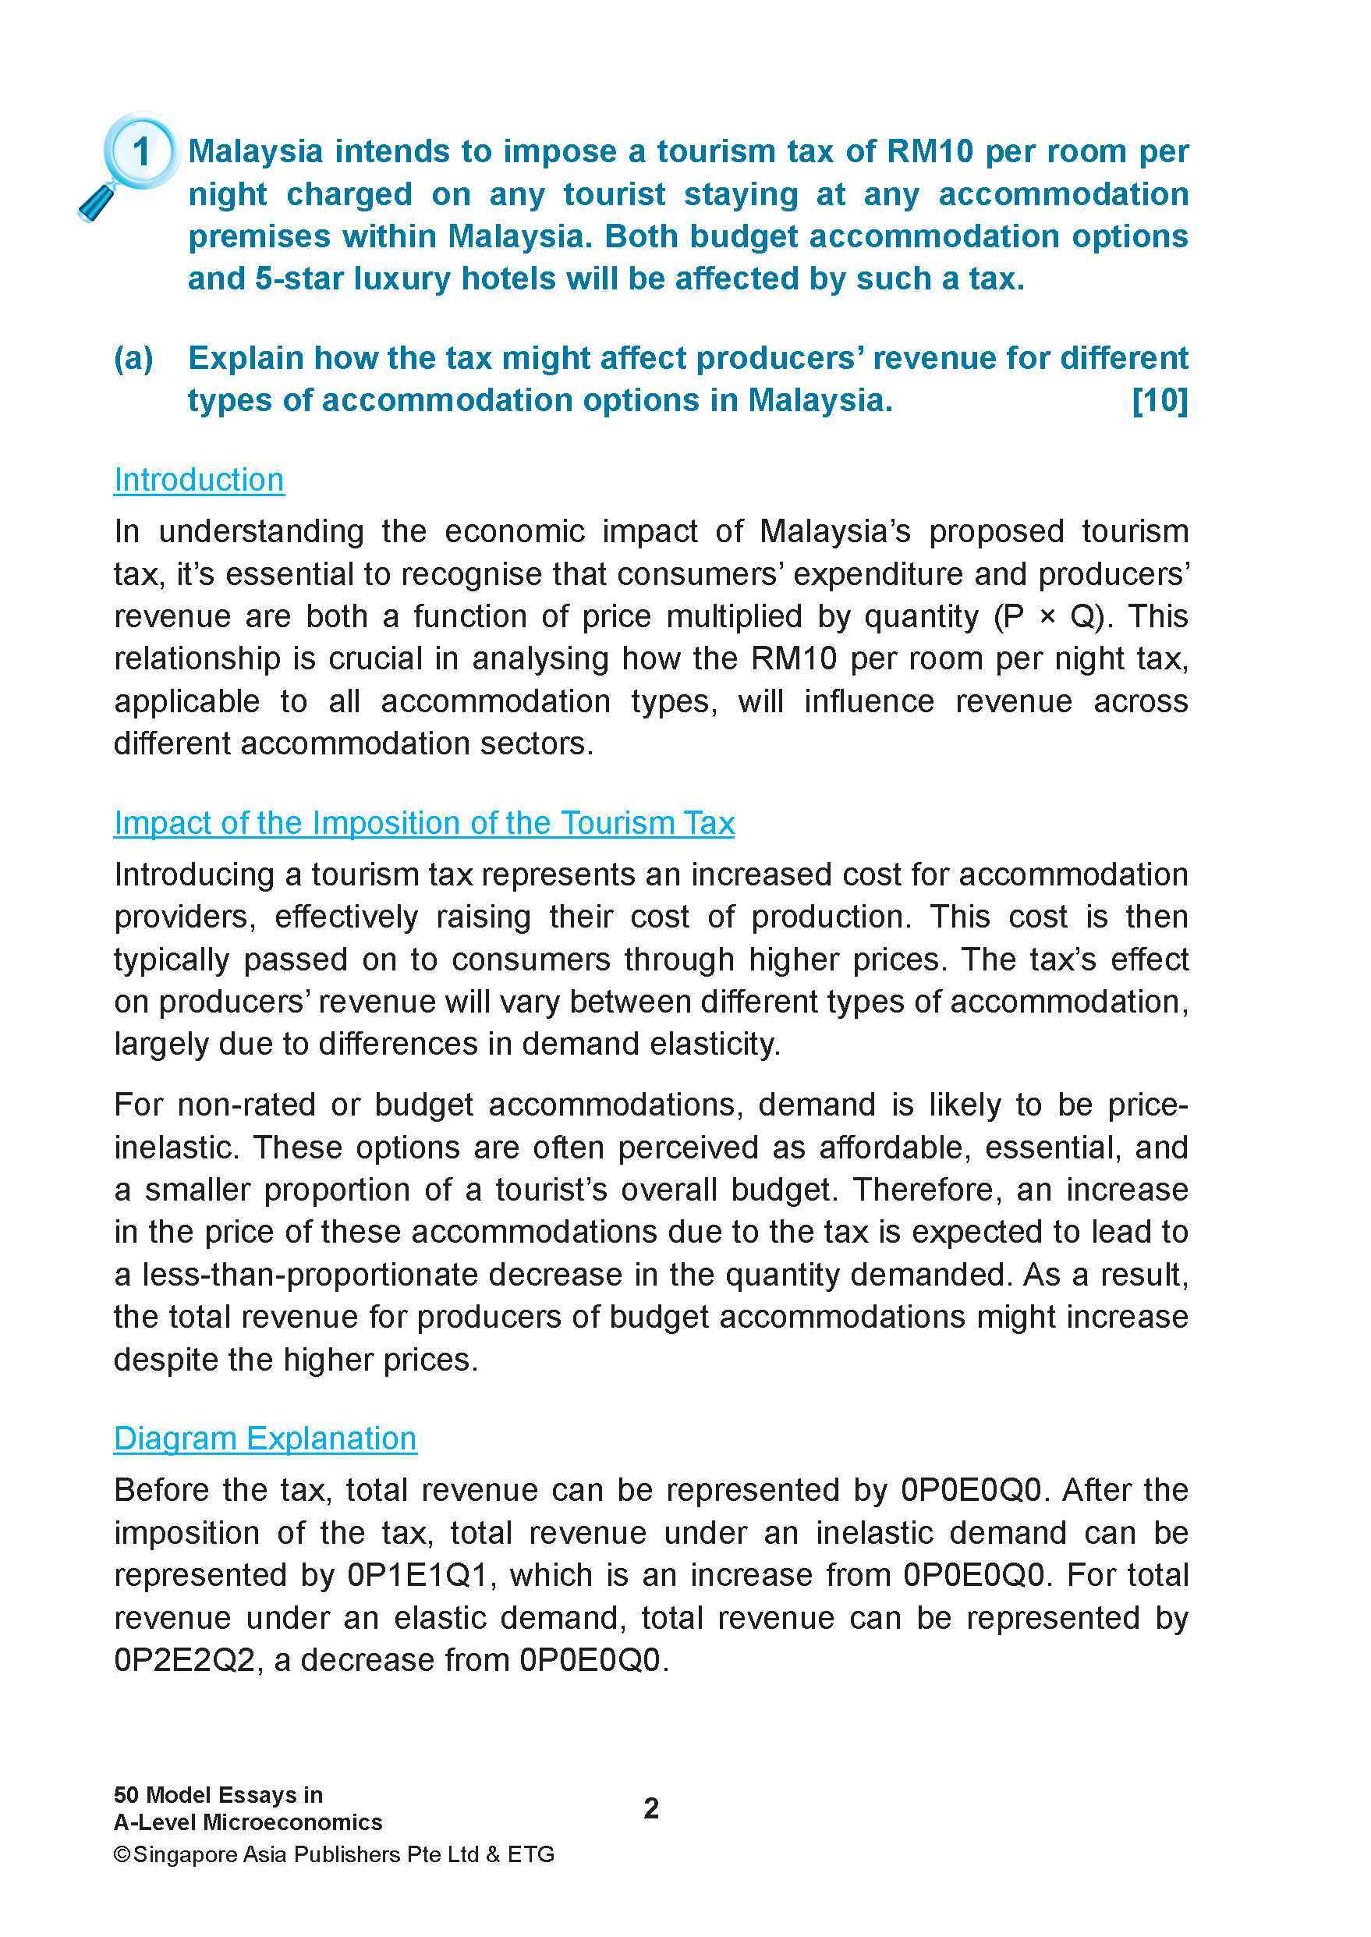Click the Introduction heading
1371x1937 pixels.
click(x=199, y=480)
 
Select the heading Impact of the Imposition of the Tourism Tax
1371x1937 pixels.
click(x=423, y=822)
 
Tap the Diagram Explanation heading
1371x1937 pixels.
click(x=265, y=1438)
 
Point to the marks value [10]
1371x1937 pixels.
click(x=1159, y=400)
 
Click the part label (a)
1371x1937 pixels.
click(x=133, y=359)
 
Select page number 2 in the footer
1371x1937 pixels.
click(x=651, y=1807)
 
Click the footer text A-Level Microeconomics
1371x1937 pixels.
click(x=248, y=1822)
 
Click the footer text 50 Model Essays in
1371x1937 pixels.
click(x=218, y=1794)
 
